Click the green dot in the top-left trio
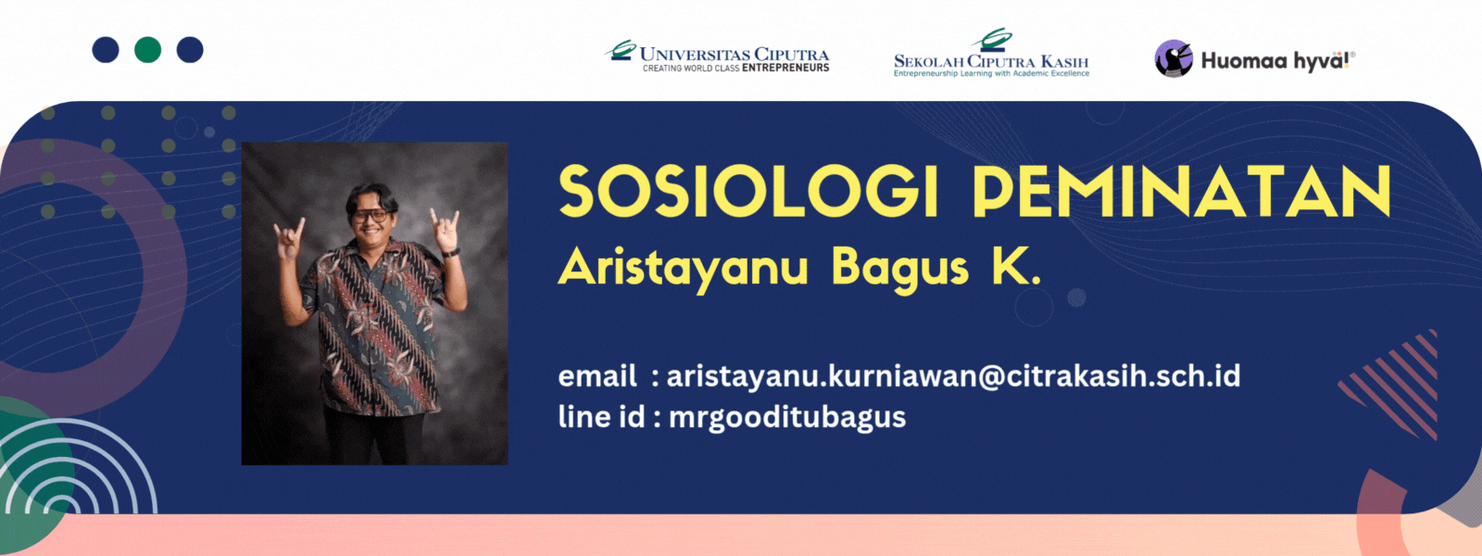pyautogui.click(x=147, y=50)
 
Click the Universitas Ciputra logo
pyautogui.click(x=717, y=56)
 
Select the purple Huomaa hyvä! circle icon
pyautogui.click(x=1174, y=58)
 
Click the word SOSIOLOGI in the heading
pyautogui.click(x=748, y=191)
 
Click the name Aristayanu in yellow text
pyautogui.click(x=683, y=269)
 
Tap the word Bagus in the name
pyautogui.click(x=899, y=269)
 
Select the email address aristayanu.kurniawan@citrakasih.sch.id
pyautogui.click(x=953, y=376)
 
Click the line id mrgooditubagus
pyautogui.click(x=787, y=418)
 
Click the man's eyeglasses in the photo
pyautogui.click(x=370, y=216)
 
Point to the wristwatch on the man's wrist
pyautogui.click(x=451, y=251)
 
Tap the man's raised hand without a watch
pyautogui.click(x=289, y=238)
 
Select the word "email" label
pyautogui.click(x=597, y=376)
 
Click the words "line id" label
pyautogui.click(x=601, y=417)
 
